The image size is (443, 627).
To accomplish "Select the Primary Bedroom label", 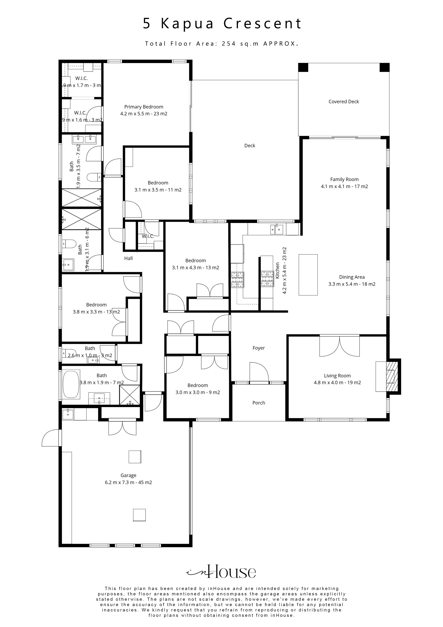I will pos(144,107).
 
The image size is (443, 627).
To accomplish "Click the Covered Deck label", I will pos(344,102).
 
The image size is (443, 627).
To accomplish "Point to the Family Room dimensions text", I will pos(344,187).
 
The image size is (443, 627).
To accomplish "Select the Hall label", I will pos(128,258).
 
